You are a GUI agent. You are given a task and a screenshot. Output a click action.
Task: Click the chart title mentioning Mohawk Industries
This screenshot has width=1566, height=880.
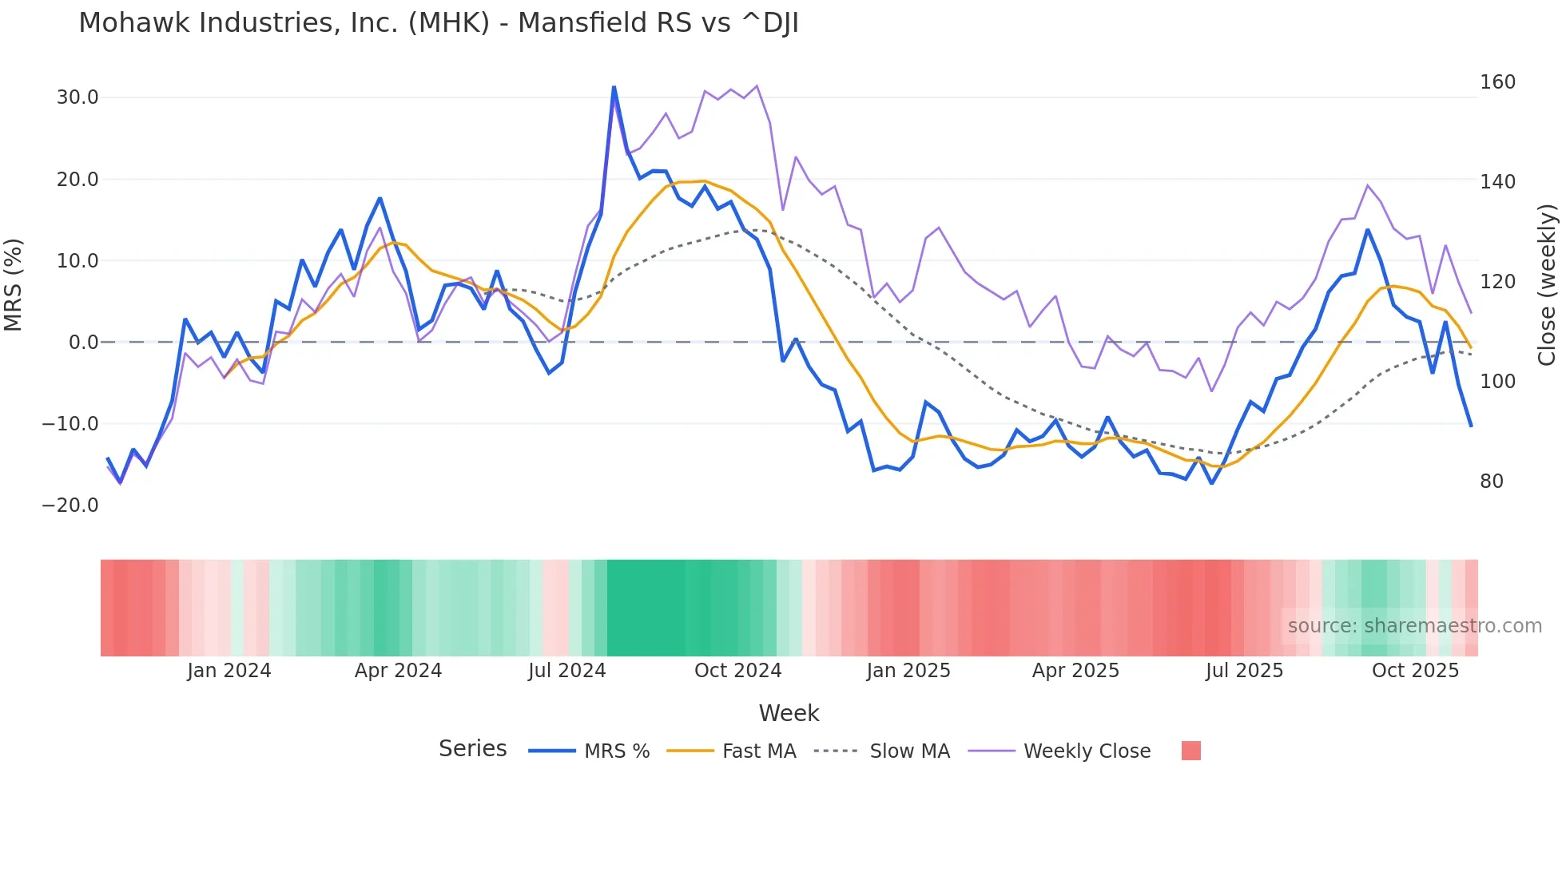(438, 23)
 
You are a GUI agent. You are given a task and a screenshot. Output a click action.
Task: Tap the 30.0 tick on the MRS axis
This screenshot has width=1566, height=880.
(78, 97)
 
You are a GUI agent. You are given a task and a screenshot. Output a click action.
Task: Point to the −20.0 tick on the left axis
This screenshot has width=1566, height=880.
(70, 505)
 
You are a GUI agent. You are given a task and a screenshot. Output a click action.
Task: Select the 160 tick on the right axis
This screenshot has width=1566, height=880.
(1497, 82)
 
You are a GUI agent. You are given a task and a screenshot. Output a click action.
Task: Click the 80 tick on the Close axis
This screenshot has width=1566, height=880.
(1491, 482)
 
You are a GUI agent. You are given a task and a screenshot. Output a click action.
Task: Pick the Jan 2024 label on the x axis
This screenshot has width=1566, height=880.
(229, 671)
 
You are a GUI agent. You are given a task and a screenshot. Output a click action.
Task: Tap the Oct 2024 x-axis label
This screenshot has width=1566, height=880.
(737, 671)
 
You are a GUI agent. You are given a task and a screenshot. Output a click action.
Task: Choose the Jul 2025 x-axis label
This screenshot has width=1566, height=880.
(1244, 671)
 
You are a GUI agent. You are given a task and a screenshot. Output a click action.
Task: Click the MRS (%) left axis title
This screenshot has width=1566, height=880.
(14, 285)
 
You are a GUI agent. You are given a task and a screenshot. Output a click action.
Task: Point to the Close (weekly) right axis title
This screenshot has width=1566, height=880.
(1547, 285)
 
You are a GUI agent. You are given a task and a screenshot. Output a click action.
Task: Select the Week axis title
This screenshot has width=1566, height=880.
(789, 713)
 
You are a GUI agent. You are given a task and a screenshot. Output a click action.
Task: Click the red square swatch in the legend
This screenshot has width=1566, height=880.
(1190, 751)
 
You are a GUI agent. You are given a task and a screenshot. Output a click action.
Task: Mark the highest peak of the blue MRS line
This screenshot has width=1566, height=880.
(614, 87)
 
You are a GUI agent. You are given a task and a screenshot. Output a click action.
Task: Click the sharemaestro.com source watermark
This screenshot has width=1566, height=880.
(1414, 626)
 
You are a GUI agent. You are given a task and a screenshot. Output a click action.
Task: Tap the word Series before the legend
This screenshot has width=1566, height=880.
(472, 749)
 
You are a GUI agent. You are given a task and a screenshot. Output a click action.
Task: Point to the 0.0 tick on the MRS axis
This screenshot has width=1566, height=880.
(83, 343)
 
